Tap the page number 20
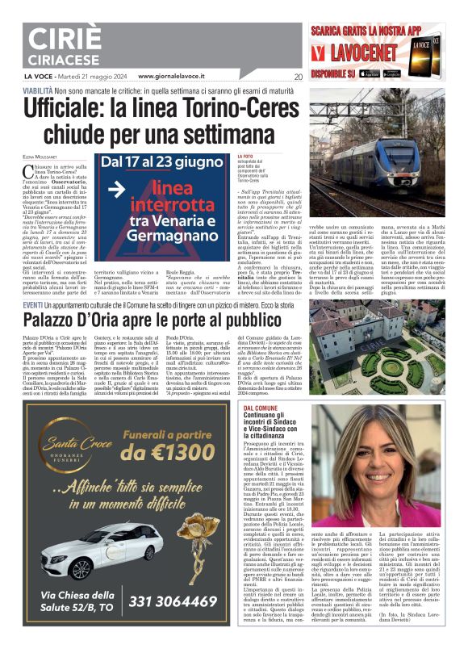coord(299,77)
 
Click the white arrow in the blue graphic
coord(118,189)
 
